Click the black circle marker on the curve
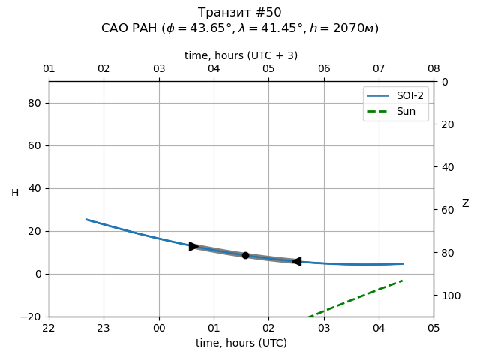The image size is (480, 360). [245, 255]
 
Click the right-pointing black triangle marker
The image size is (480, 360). [193, 246]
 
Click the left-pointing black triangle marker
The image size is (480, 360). [296, 261]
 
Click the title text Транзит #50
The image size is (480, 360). [240, 13]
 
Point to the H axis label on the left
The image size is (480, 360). [15, 193]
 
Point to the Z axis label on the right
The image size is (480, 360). [465, 204]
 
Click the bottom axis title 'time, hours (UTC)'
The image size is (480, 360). [240, 343]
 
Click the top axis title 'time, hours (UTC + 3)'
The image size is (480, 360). [240, 55]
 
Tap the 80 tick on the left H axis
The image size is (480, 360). [33, 103]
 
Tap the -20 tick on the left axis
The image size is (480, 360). [30, 316]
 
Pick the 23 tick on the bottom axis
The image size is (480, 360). [103, 328]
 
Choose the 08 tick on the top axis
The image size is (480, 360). [433, 69]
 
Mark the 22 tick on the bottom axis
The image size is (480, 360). [49, 328]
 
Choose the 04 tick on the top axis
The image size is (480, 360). [214, 69]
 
